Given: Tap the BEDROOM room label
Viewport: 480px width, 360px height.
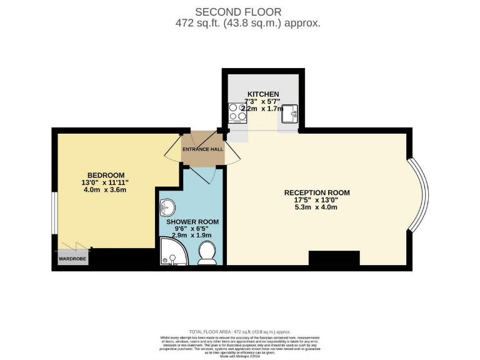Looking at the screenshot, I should click(105, 174).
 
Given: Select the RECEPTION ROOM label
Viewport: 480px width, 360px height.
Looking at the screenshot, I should click(317, 192).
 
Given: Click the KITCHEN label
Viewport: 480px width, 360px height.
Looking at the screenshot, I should click(262, 94).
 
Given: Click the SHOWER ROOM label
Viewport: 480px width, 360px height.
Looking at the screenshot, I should click(192, 221).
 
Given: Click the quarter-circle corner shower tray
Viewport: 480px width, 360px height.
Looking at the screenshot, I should click(168, 251).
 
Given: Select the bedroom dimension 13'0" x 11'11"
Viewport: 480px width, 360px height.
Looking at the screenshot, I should click(105, 182).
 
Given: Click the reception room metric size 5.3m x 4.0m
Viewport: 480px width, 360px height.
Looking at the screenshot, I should click(316, 207).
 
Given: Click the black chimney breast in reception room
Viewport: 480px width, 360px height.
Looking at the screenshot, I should click(334, 258).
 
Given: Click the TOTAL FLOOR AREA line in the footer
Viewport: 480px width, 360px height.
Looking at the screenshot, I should click(239, 331).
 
